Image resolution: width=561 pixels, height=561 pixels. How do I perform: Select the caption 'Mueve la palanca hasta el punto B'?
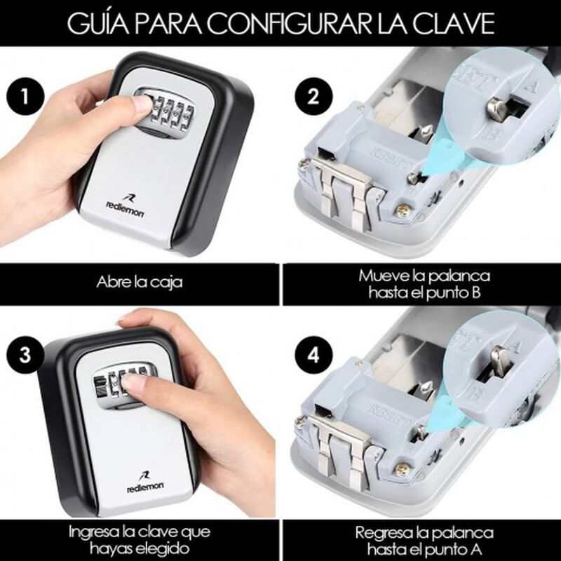424,284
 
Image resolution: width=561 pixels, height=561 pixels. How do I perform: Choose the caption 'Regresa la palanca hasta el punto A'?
424,541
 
